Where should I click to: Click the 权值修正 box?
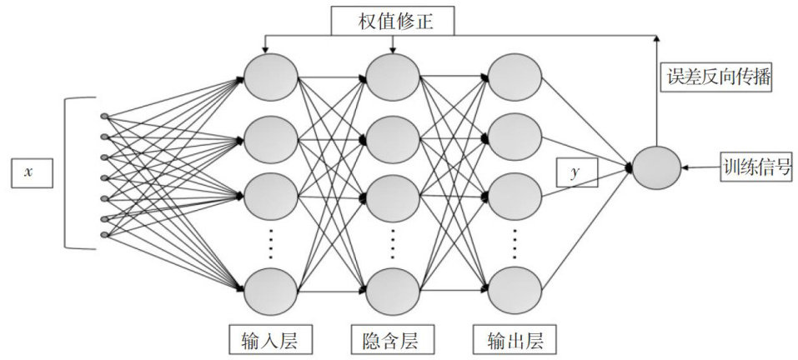[x=394, y=20]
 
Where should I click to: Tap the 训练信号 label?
[x=756, y=167]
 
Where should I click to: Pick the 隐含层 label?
[x=389, y=340]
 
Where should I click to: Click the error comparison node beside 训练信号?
[x=656, y=167]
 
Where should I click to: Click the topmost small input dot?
[x=103, y=116]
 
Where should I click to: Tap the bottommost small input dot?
[x=103, y=235]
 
